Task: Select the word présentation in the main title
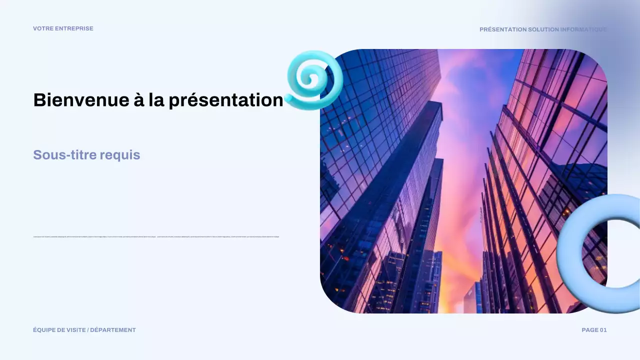coord(226,100)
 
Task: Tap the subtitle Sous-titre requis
coord(86,155)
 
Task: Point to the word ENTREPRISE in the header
coord(74,28)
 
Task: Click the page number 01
coord(602,330)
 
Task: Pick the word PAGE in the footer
coord(589,330)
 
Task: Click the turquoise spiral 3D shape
coord(315,80)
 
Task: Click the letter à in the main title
coord(138,100)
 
